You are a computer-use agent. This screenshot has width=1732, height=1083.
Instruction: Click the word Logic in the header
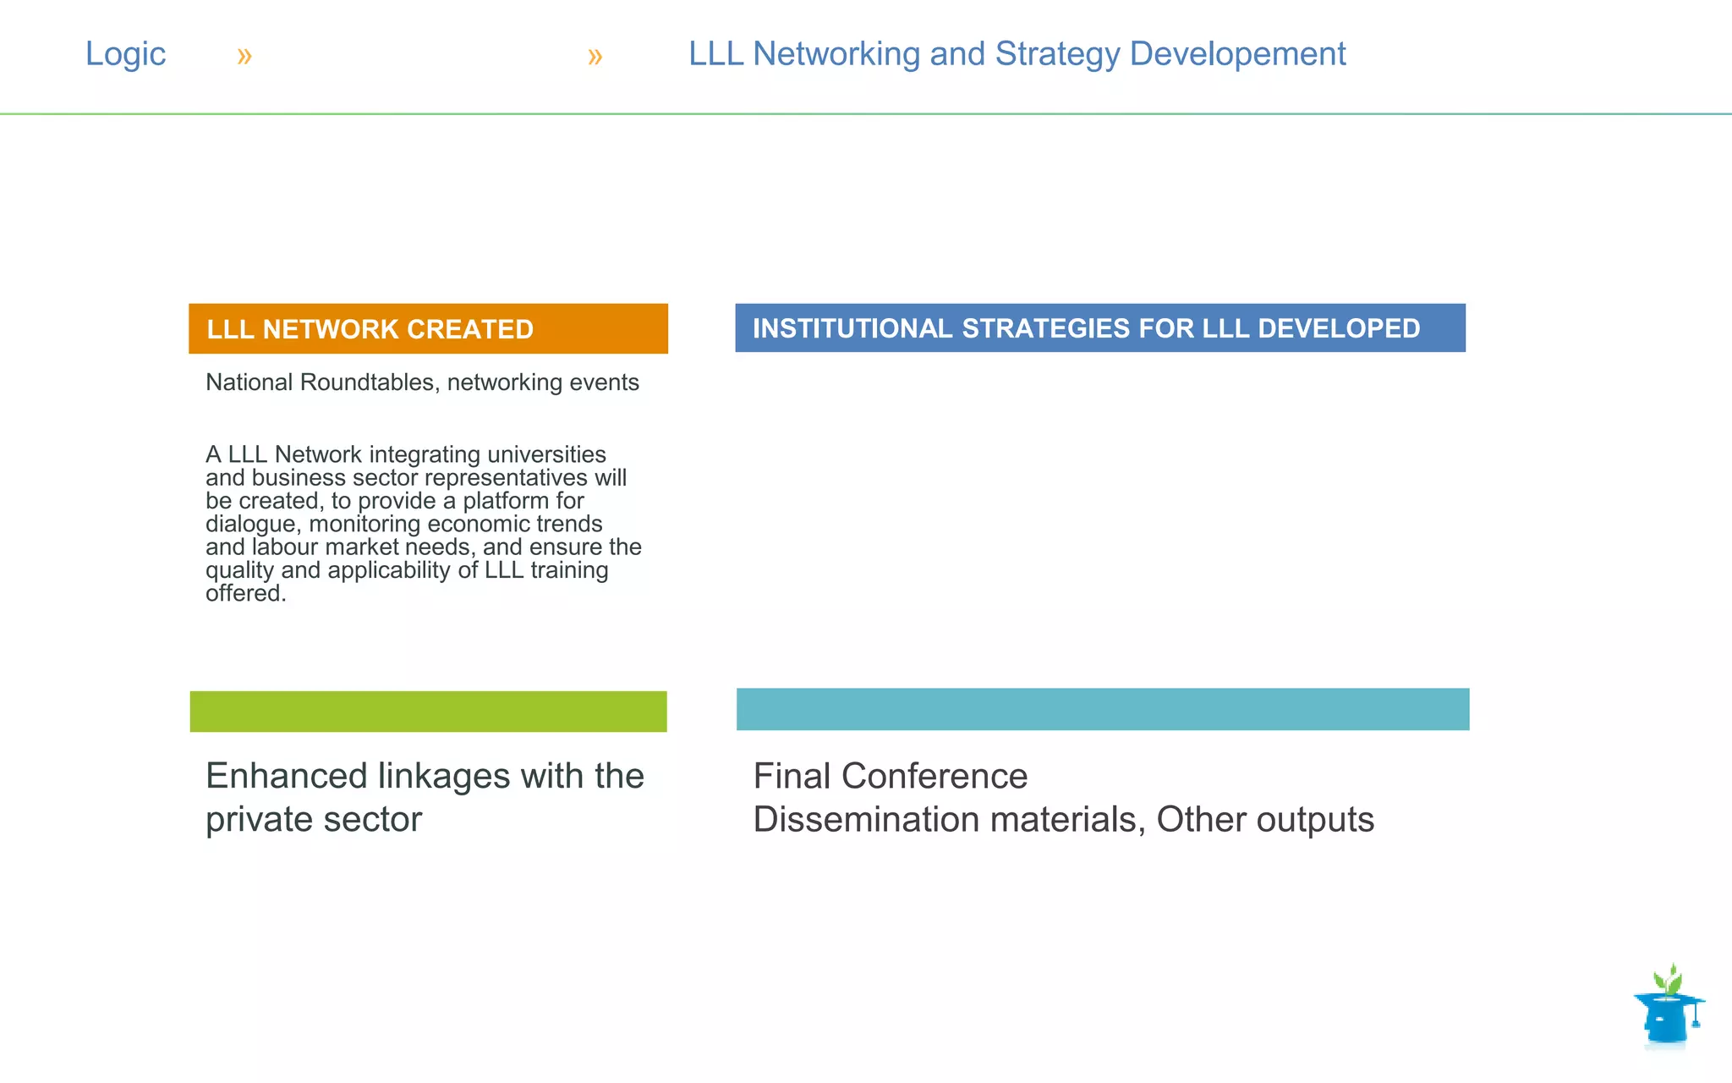pos(125,54)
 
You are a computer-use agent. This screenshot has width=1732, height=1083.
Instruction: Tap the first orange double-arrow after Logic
pos(244,57)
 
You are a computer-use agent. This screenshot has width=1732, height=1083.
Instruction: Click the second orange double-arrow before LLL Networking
pos(595,57)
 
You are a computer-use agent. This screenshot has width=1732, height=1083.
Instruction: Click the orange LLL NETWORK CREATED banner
pos(428,328)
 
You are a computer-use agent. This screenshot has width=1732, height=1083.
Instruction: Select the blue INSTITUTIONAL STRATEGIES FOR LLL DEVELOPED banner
pos(1099,328)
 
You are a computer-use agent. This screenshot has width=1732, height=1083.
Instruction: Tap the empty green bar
pos(428,712)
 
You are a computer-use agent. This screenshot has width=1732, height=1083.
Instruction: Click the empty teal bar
pos(1102,709)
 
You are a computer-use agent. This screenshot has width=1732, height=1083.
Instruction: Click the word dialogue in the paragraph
pos(253,525)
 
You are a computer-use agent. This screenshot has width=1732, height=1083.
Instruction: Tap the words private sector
pos(313,820)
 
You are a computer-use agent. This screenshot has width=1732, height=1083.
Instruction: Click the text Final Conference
pos(890,776)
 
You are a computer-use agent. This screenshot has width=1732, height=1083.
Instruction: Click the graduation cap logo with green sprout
pos(1668,1009)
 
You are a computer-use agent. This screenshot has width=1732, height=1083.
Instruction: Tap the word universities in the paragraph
pos(546,455)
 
